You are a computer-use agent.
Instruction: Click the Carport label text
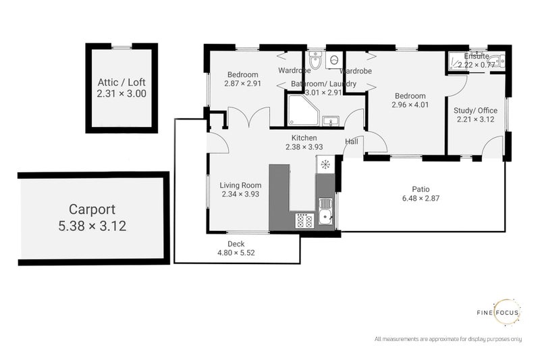pos(91,209)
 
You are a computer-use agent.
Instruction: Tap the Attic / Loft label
pos(121,83)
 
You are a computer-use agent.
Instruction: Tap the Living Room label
pos(240,184)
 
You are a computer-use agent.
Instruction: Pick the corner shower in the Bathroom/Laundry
pos(300,111)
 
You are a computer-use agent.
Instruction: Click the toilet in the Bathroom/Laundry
pos(316,59)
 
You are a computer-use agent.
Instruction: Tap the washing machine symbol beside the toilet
pos(333,59)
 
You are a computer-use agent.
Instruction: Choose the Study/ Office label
pos(475,110)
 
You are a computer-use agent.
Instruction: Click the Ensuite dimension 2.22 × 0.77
pos(476,66)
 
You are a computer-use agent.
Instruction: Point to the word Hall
pos(352,142)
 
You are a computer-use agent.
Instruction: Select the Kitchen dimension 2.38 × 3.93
pos(300,147)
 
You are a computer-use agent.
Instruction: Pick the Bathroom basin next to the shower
pos(329,121)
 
